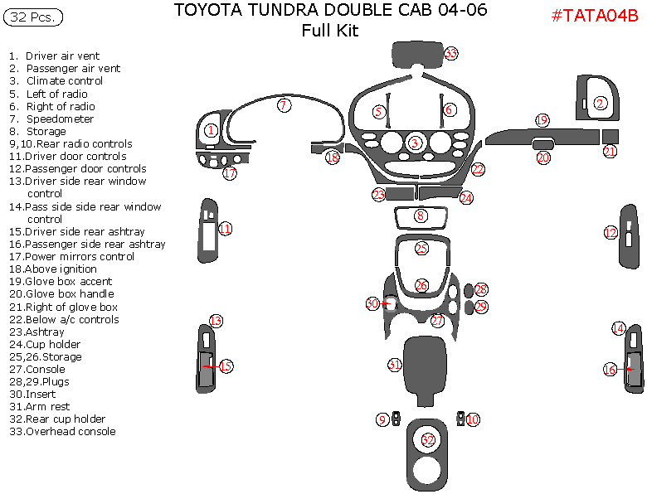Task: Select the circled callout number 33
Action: point(451,54)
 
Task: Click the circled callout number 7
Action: point(284,105)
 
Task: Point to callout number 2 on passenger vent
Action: point(600,103)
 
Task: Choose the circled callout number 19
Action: point(542,120)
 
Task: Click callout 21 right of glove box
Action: point(610,152)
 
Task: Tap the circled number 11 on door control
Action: point(225,229)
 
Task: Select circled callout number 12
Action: point(611,234)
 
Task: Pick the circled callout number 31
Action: point(395,365)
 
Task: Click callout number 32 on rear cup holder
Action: point(428,440)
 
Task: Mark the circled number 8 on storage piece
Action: point(421,216)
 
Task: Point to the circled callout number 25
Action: point(421,249)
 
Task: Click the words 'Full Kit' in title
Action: point(330,31)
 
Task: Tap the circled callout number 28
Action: point(481,289)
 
